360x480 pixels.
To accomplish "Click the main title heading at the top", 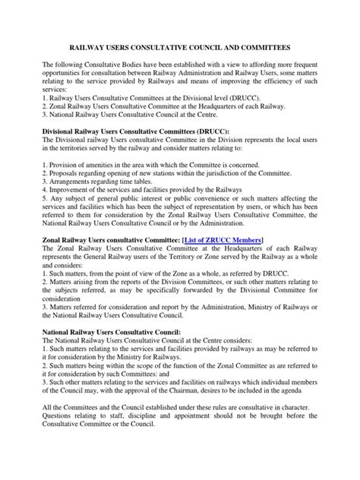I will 180,46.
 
